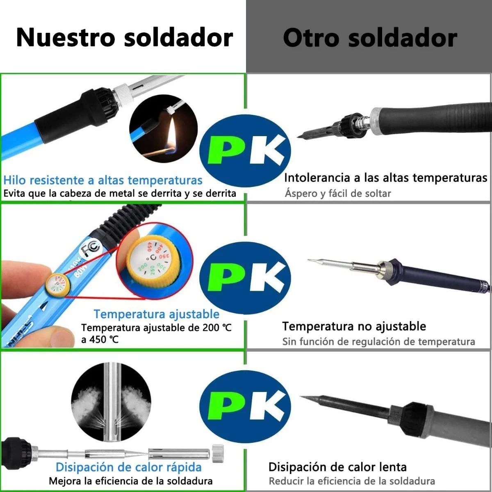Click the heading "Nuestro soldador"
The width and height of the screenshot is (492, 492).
pos(124,37)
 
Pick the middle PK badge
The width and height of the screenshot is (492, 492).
pos(245,279)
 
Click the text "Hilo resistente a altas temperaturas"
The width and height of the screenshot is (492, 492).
pos(103,180)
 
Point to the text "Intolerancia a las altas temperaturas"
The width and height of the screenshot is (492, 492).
pos(385,178)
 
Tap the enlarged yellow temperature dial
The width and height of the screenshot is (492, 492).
pos(153,259)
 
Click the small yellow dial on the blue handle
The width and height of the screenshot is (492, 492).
pos(57,285)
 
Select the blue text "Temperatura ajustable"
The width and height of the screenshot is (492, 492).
pos(156,314)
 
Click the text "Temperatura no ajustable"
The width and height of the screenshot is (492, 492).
pos(354,326)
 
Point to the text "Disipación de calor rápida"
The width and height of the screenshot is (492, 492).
pos(128,467)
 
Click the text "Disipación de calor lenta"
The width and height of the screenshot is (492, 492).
pos(337,467)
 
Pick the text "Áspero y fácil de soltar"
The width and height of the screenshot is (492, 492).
pos(338,193)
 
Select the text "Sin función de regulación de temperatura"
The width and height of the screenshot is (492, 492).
pos(378,342)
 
